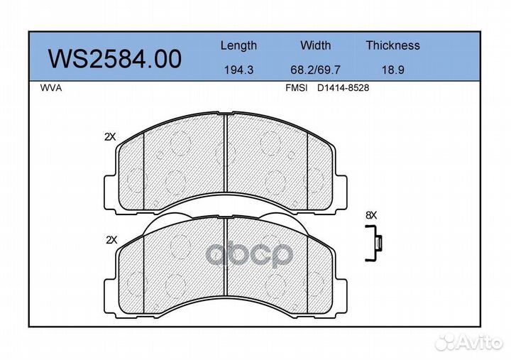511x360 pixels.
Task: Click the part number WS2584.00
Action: pyautogui.click(x=114, y=59)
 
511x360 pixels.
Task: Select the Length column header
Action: pyautogui.click(x=238, y=45)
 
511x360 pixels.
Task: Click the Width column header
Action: pyautogui.click(x=315, y=45)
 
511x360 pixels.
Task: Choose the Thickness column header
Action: pyautogui.click(x=392, y=45)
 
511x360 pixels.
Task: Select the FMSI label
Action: pyautogui.click(x=296, y=89)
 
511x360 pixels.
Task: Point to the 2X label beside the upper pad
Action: pyautogui.click(x=109, y=137)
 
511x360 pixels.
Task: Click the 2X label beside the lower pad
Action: pyautogui.click(x=110, y=240)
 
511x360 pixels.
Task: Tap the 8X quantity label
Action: pyautogui.click(x=370, y=214)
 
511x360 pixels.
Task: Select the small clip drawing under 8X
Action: pyautogui.click(x=373, y=244)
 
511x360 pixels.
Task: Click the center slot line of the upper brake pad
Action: pyautogui.click(x=225, y=160)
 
